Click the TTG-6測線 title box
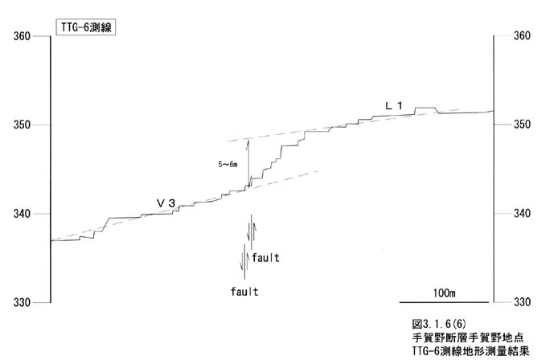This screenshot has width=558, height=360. pos(86,27)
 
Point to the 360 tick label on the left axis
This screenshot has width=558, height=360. pos(22,36)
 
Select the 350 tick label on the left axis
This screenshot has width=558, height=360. pos(22,125)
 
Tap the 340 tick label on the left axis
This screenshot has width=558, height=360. pos(22,214)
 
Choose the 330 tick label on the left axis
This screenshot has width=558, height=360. pos(22,303)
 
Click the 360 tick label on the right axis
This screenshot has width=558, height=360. pos(522,35)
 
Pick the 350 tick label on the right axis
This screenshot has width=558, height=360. pos(522,125)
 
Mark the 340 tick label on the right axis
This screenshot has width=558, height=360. pos(522,214)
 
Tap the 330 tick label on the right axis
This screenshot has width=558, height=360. pos(522,302)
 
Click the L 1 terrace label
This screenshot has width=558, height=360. pos(394,105)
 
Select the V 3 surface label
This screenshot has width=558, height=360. pos(166,203)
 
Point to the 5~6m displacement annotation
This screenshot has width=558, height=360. pos(228,165)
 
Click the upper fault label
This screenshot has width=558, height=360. pos(265,258)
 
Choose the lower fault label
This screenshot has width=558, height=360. pos(244,292)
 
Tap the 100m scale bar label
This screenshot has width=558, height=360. pos(444,293)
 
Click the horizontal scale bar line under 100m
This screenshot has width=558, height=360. pos(444,302)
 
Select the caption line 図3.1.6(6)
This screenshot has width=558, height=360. pos(438,324)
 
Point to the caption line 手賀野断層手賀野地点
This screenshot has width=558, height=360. pos(468,337)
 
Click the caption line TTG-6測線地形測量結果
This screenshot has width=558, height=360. pos(471,351)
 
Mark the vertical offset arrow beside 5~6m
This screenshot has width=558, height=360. pos(248,162)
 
